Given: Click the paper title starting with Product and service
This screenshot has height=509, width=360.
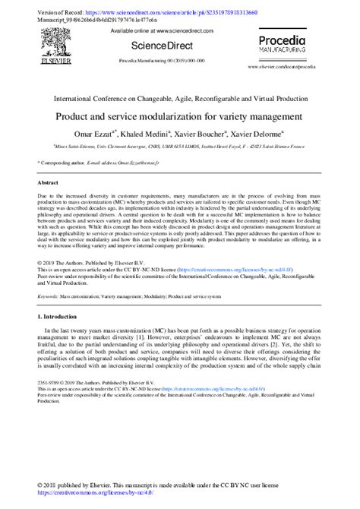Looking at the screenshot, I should [179, 118].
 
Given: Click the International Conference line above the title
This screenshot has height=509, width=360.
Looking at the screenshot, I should [179, 100].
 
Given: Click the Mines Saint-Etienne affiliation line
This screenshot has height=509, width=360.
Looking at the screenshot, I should [179, 147].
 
